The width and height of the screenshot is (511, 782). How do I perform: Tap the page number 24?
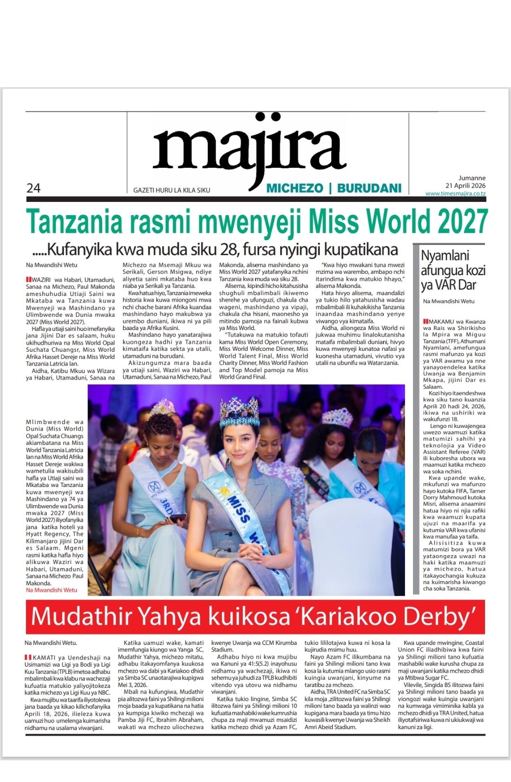(x=34, y=188)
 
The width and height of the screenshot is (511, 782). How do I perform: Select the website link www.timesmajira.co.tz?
(x=455, y=193)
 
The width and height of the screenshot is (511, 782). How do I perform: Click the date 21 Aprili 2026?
(x=465, y=186)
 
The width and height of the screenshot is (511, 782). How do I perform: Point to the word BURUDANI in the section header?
(x=369, y=188)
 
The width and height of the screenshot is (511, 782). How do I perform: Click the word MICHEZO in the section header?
(x=295, y=188)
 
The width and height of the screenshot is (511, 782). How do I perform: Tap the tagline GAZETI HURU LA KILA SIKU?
(x=172, y=190)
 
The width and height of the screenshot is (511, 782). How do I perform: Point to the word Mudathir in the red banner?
(x=84, y=617)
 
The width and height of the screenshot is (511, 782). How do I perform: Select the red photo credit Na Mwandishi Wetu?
(x=52, y=590)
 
